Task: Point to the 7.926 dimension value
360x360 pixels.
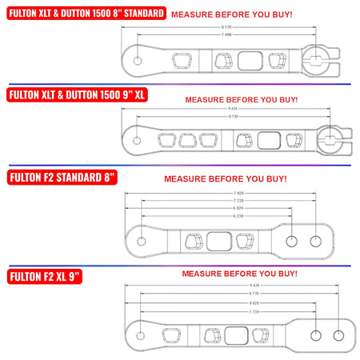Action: [x=239, y=193]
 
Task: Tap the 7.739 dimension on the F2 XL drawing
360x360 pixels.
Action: [x=232, y=311]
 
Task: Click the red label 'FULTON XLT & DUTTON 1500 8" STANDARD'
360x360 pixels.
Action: [x=86, y=14]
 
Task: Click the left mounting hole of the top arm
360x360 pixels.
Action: [x=138, y=61]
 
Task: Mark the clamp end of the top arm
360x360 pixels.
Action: [x=322, y=61]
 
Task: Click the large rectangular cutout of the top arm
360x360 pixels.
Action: [x=250, y=61]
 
